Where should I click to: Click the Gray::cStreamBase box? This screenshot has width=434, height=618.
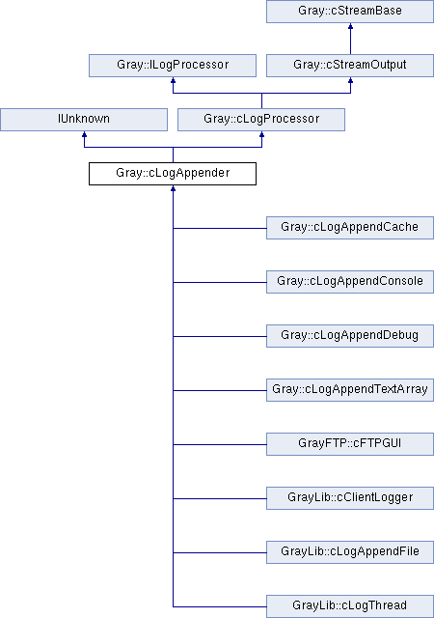point(350,12)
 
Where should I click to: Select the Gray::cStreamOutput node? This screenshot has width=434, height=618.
point(350,66)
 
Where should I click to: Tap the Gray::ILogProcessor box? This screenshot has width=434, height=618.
point(173,66)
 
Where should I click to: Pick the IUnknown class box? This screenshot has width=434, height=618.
point(84,120)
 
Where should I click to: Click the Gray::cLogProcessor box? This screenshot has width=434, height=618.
point(261,120)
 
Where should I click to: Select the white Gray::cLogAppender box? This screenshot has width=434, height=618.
point(173,174)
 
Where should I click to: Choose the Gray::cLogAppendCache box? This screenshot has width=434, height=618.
point(350,228)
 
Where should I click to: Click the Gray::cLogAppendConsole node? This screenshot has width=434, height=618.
point(350,281)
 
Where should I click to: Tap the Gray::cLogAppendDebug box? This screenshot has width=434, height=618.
point(350,336)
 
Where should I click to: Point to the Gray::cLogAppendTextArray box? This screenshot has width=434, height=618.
point(350,390)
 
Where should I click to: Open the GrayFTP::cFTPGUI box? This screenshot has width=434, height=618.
point(350,444)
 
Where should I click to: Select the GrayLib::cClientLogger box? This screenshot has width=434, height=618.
point(350,498)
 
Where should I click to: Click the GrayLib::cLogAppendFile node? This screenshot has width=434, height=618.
point(350,551)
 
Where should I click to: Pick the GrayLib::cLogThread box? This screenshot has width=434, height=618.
point(350,606)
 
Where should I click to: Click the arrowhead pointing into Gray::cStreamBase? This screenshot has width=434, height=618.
point(350,26)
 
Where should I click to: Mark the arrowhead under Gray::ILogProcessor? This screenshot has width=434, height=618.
point(173,80)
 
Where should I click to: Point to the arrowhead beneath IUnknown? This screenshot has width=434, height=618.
point(84,134)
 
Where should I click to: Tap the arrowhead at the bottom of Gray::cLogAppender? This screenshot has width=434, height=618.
point(173,188)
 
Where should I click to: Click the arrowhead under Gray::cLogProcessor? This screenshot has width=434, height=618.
point(261,134)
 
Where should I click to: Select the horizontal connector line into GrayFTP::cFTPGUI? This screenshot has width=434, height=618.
point(220,444)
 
